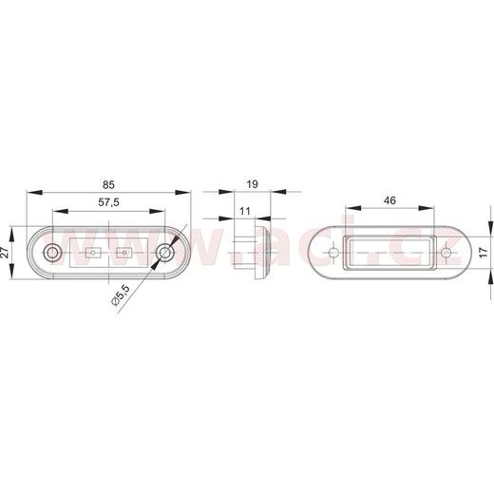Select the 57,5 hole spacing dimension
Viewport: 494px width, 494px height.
point(109,203)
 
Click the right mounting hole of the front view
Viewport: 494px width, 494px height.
point(166,253)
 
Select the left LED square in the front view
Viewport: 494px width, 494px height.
point(93,254)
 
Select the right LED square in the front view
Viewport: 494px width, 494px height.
point(124,254)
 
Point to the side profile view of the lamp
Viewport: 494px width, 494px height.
point(252,252)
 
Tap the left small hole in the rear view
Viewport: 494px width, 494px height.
point(333,254)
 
